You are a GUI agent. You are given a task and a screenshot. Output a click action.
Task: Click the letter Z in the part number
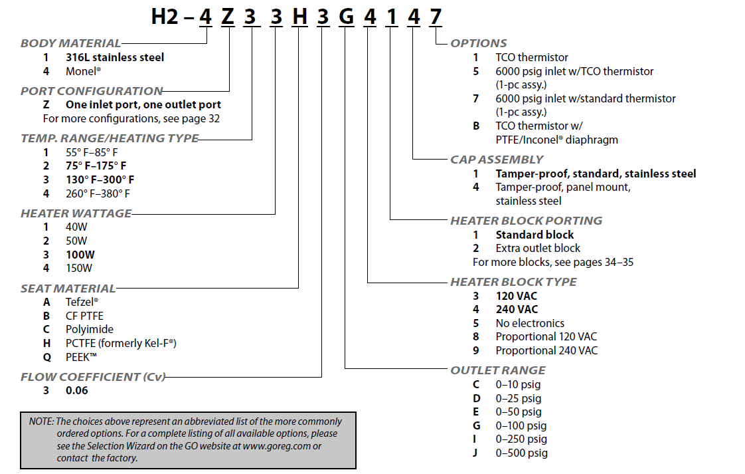tap(228, 16)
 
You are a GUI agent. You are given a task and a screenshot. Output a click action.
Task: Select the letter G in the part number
tap(345, 16)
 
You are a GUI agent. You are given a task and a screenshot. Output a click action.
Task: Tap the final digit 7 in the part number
tap(435, 16)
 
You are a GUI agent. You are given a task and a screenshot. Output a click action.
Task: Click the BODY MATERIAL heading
tap(70, 43)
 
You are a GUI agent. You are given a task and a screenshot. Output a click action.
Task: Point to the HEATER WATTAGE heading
tap(76, 213)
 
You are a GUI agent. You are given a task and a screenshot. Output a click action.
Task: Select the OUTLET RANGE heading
tap(498, 370)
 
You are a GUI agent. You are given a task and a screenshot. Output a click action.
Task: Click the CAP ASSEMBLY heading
tap(497, 159)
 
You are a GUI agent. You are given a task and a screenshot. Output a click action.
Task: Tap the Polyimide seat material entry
tap(89, 329)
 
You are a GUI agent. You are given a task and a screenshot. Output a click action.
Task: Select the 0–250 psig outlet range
tap(521, 439)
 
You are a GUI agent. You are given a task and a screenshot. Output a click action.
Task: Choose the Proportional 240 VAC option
tap(546, 350)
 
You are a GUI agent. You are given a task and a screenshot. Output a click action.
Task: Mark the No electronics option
tap(530, 323)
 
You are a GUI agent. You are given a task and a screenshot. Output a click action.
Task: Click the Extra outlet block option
tap(538, 248)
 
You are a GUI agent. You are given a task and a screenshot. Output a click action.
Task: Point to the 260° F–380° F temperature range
tap(98, 193)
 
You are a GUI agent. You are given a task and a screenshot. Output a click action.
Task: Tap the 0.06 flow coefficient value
tap(76, 390)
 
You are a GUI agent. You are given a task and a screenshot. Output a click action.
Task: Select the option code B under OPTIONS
tap(475, 126)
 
